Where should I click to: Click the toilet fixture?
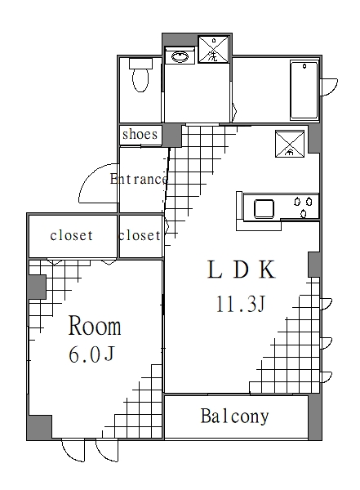tap(140, 79)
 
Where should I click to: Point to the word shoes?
tap(140, 134)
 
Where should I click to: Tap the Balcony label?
tap(234, 416)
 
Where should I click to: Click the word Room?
tap(95, 327)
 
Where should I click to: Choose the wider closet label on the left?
tap(71, 236)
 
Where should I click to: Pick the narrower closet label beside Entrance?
tap(140, 236)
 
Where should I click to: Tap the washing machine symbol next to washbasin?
tap(214, 51)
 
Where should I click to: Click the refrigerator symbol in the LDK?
tap(289, 144)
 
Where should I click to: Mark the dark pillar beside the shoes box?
tap(172, 135)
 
